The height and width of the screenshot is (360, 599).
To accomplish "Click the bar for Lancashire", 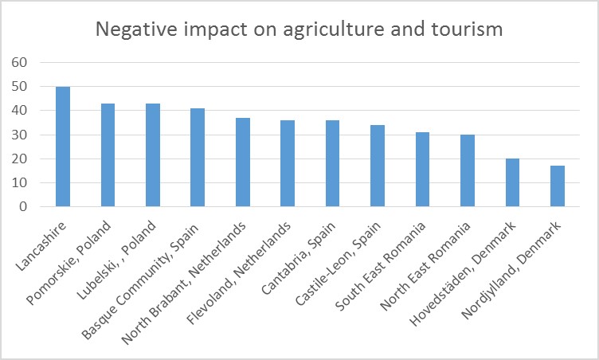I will click(62, 147).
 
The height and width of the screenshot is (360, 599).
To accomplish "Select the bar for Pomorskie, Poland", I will click(108, 155).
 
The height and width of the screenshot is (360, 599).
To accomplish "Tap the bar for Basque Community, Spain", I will click(198, 158).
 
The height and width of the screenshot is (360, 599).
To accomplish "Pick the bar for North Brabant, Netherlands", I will click(243, 162).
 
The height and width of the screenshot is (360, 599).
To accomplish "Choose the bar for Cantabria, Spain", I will click(332, 163).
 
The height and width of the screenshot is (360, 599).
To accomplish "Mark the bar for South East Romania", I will click(422, 170).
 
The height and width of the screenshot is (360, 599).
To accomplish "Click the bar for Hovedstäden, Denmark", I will click(512, 183).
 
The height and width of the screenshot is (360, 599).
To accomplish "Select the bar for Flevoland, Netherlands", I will click(288, 163).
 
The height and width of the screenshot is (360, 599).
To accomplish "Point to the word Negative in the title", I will click(132, 29).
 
